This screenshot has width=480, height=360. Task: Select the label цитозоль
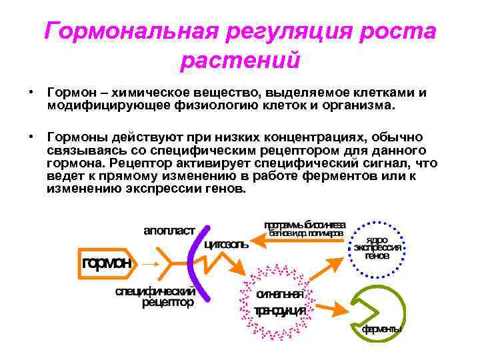[227, 244]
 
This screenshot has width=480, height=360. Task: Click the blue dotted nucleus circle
[377, 247]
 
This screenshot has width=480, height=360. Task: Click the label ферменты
[382, 329]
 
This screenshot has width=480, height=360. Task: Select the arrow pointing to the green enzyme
[333, 309]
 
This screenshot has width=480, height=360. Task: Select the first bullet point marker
[31, 91]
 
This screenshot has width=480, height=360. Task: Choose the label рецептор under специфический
[167, 302]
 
